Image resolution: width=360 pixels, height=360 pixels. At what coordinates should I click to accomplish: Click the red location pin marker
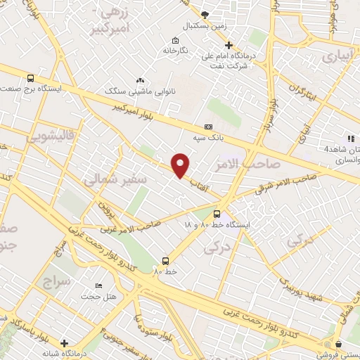[181, 164]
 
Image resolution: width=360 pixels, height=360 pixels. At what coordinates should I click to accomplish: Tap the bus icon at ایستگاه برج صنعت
[30, 78]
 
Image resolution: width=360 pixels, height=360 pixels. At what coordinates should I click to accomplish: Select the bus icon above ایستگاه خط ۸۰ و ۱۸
[217, 213]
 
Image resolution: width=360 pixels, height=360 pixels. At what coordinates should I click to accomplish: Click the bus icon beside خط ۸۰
[165, 260]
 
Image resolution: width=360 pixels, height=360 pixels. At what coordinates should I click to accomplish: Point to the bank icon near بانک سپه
[207, 127]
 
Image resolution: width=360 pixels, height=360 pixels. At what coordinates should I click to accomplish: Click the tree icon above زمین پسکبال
[205, 15]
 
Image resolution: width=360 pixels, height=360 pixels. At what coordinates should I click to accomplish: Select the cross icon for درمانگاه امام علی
[229, 45]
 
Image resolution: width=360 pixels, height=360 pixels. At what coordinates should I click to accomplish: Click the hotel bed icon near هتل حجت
[98, 286]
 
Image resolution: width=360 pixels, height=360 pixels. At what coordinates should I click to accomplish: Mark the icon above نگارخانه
[175, 40]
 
